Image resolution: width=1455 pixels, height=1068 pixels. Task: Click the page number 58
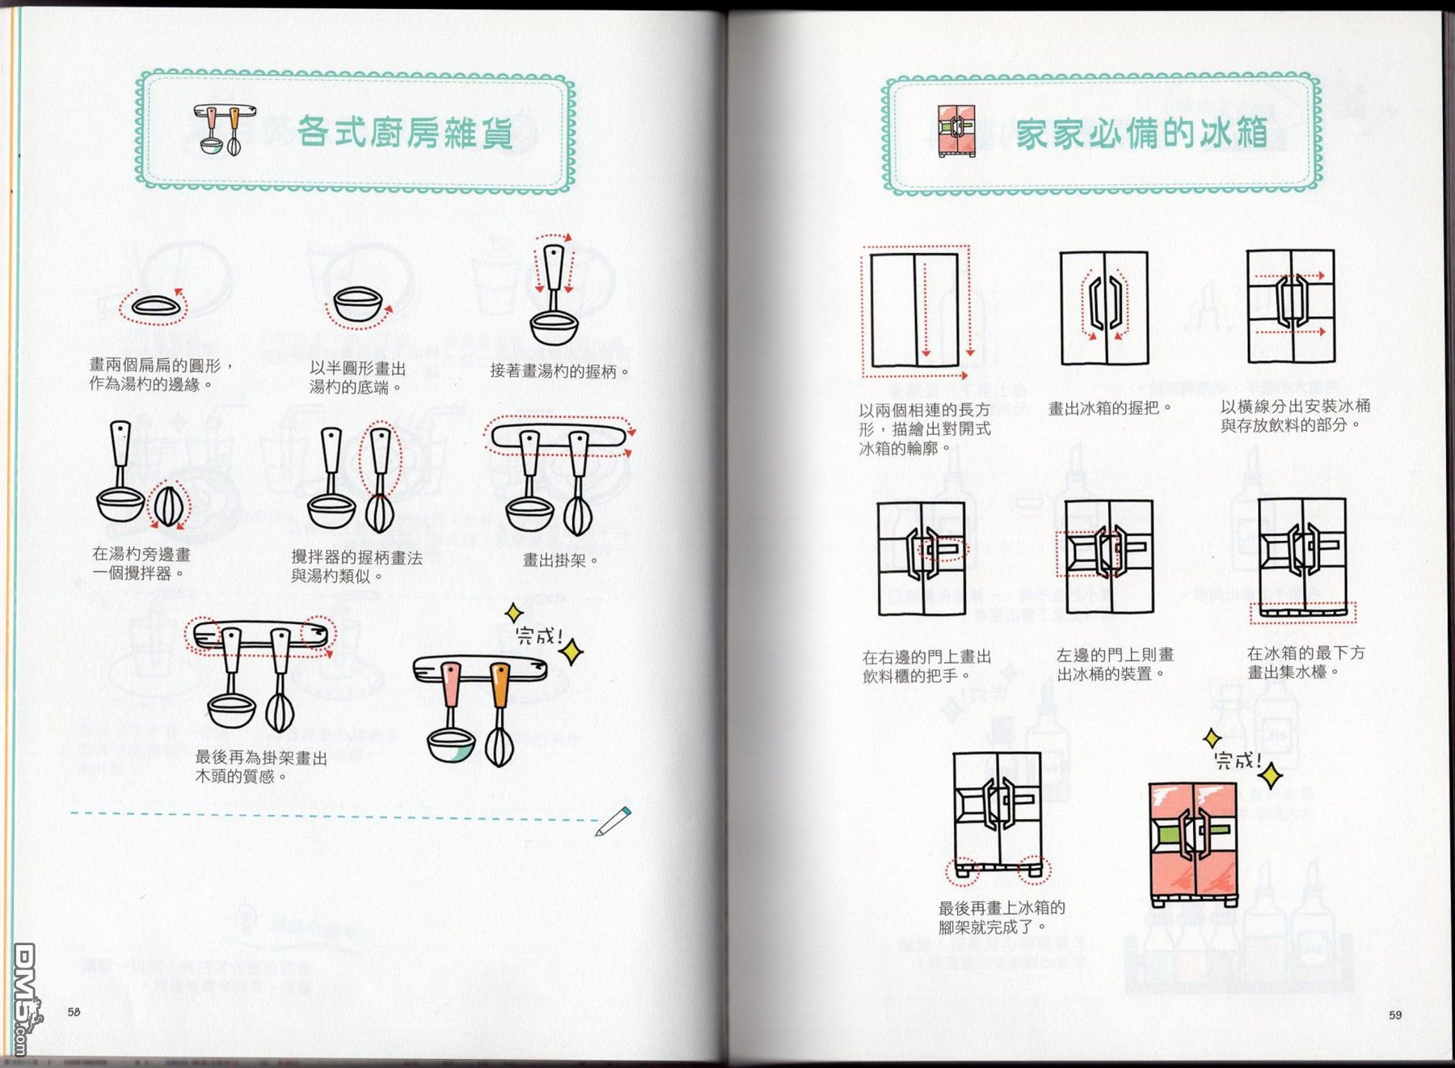point(74,1011)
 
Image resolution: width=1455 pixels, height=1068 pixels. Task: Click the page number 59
point(1395,1015)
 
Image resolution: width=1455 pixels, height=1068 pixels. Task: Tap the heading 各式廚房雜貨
point(405,133)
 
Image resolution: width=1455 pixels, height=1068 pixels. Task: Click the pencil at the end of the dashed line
point(614,821)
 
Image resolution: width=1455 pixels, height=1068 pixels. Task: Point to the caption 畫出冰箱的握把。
point(1110,409)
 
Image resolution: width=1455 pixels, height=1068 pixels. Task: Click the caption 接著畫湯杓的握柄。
point(559,371)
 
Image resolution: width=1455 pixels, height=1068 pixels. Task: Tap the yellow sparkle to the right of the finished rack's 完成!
point(572,652)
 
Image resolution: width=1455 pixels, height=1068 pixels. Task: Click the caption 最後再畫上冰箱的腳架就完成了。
point(1002,918)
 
